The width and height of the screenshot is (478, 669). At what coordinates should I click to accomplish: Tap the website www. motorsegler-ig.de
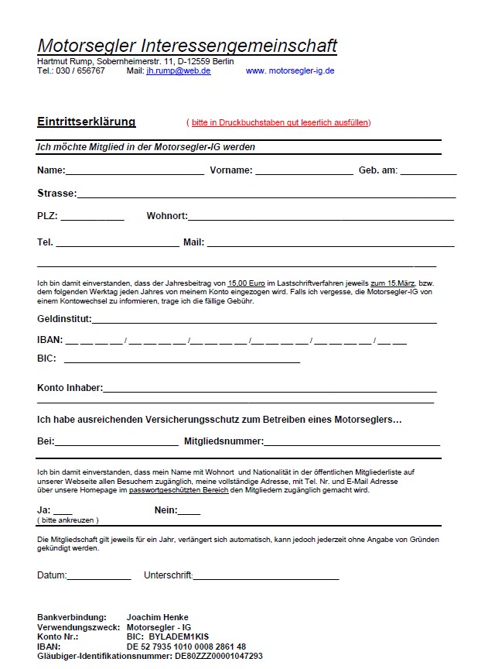[x=289, y=70]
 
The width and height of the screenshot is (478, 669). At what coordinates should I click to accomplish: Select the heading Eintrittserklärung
[x=86, y=122]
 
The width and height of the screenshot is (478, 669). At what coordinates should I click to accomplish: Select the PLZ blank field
[x=92, y=218]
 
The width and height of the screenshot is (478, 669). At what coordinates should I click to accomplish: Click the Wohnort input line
[x=320, y=218]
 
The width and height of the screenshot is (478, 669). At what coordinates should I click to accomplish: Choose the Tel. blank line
[x=118, y=244]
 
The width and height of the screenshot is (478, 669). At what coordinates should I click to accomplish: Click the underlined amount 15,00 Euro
[x=247, y=284]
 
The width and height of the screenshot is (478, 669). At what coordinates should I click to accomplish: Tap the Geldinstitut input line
[x=264, y=321]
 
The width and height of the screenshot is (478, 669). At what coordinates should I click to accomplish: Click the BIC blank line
[x=182, y=360]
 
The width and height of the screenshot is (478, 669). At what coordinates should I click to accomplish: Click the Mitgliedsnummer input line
[x=352, y=444]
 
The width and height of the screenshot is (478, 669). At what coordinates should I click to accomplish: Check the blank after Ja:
[x=63, y=512]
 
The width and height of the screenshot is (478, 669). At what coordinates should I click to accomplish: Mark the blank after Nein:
[x=189, y=512]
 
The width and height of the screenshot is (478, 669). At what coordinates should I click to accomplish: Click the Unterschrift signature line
[x=266, y=578]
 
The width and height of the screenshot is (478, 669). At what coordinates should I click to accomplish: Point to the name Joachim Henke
[x=158, y=618]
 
